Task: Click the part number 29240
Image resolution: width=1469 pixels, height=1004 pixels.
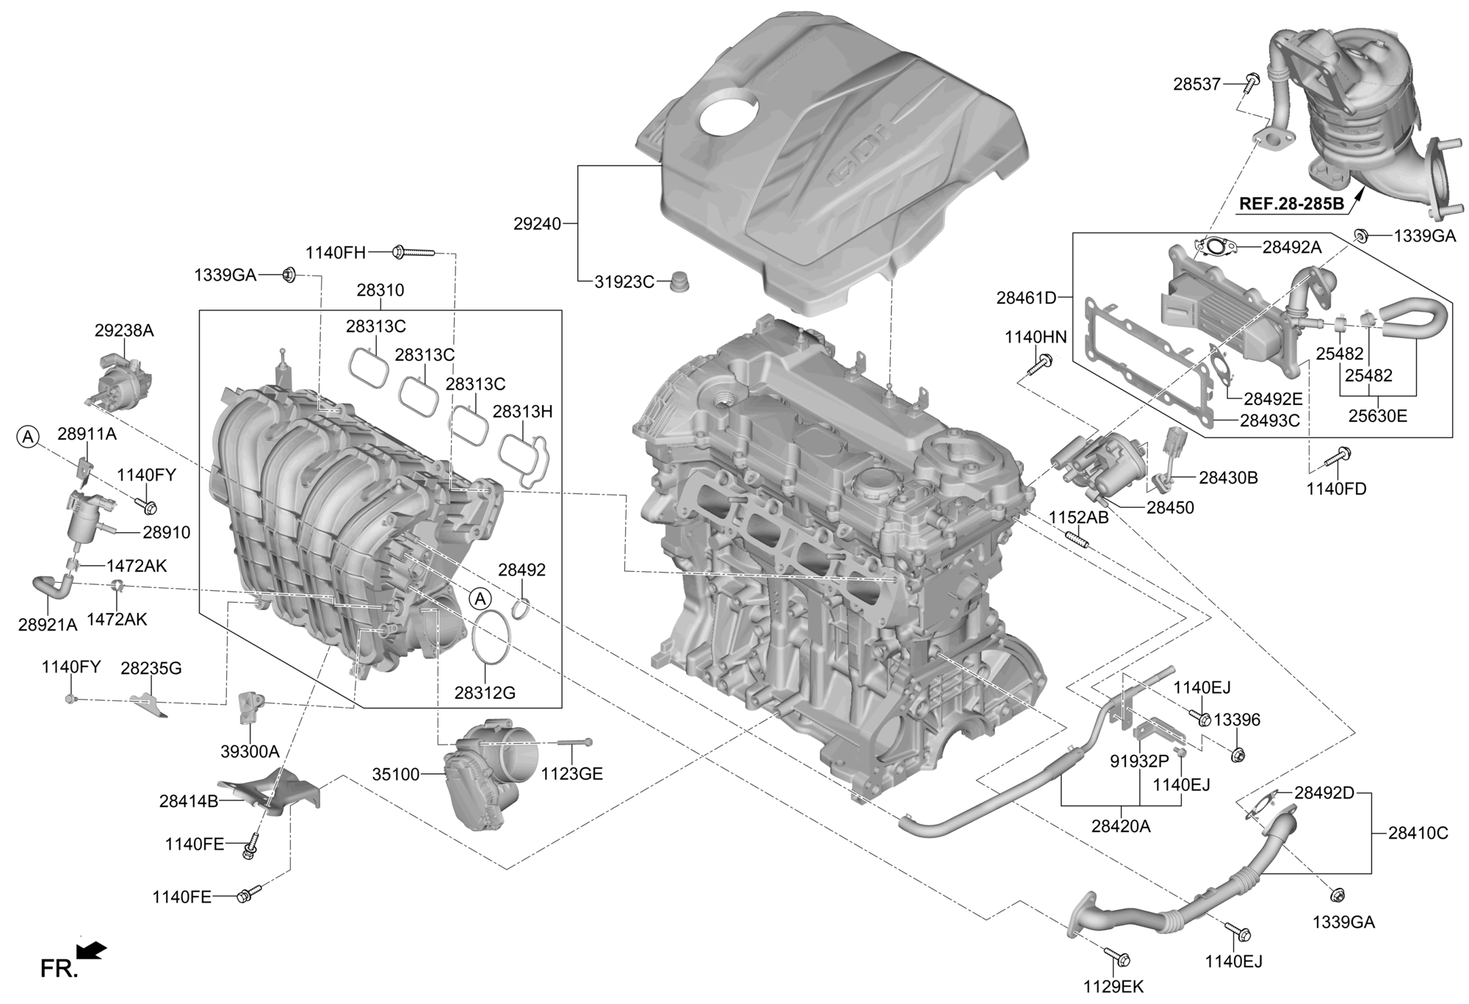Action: click(537, 223)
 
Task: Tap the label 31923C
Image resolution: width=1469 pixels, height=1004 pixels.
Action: click(624, 282)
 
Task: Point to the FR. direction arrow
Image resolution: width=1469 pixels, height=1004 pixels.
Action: click(92, 951)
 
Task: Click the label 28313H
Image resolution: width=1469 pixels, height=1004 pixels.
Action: click(522, 412)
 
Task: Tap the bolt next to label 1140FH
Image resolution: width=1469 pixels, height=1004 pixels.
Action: click(414, 252)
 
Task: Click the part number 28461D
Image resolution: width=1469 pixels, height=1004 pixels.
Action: click(1026, 298)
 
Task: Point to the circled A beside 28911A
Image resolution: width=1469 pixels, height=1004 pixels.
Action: click(27, 437)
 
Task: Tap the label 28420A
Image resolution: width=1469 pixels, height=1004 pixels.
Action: click(1121, 826)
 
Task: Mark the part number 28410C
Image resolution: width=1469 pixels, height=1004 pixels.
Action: click(1418, 833)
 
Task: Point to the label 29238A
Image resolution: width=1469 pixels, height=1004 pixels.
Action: click(124, 331)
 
